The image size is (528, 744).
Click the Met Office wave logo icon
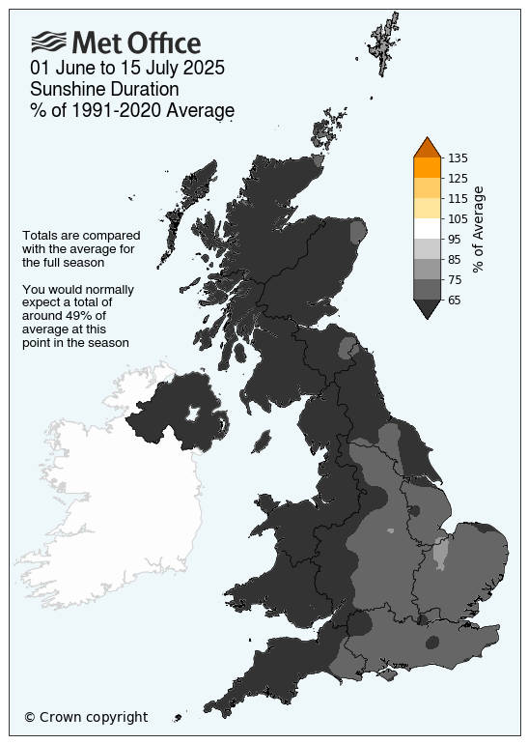(48, 42)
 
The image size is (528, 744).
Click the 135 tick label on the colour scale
(459, 157)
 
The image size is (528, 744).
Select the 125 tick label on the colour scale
(459, 178)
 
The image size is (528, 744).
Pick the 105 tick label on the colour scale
(459, 218)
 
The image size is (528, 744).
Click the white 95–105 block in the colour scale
(428, 228)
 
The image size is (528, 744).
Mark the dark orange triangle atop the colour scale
(428, 147)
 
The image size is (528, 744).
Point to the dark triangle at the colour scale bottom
(428, 308)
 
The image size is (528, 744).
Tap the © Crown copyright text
(86, 717)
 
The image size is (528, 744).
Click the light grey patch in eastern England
(441, 555)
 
